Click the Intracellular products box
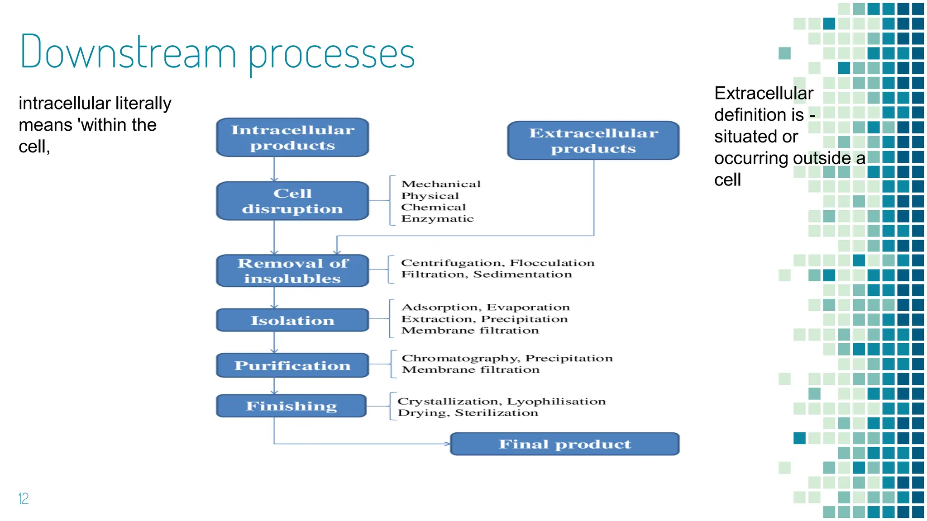point(292,137)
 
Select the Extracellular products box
point(593,141)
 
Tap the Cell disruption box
point(292,201)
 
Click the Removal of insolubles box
point(292,270)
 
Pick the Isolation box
point(292,320)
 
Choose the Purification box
point(292,365)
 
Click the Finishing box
point(291,406)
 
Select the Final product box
point(564,444)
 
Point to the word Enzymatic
point(437,219)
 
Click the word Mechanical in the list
point(441,184)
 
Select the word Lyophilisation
point(556,401)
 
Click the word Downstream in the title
point(128,52)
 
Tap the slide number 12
point(24,498)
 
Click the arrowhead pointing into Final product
point(447,444)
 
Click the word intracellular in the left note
point(65,103)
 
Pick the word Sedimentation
point(522,274)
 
